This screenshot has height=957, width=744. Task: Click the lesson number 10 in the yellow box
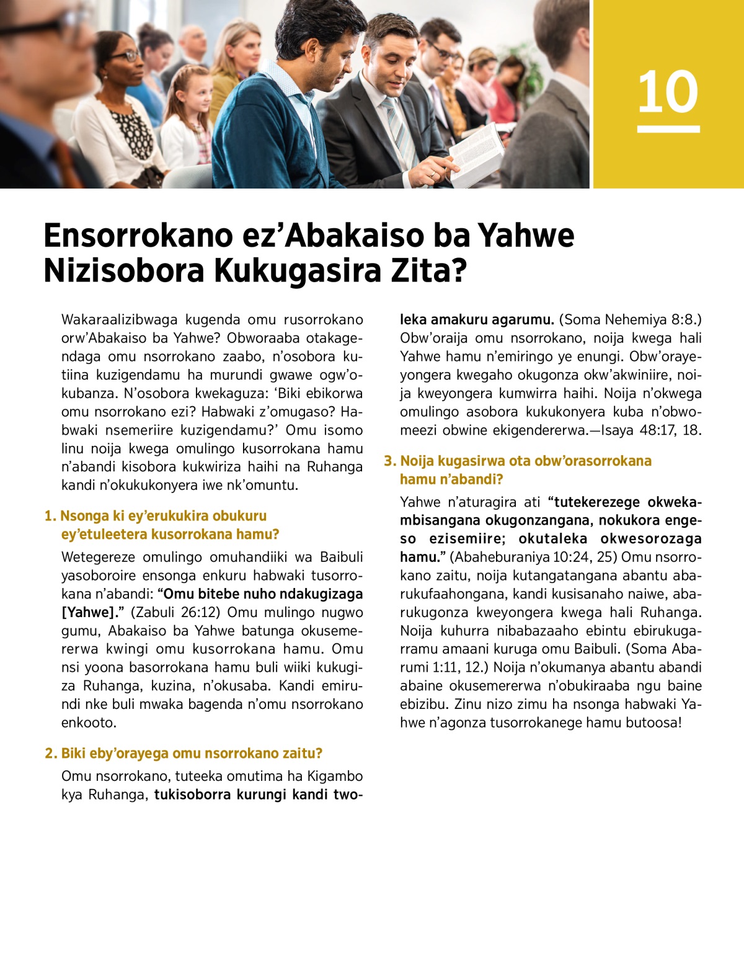point(668,92)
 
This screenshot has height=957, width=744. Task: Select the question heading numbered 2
point(184,753)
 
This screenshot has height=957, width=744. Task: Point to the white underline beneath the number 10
point(668,129)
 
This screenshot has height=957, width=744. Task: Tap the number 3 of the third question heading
point(389,461)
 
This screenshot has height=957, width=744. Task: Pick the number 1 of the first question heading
point(48,516)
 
